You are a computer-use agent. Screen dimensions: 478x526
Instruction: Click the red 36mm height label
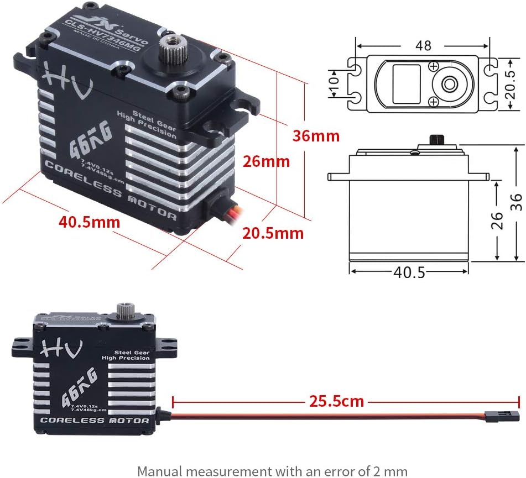click(316, 135)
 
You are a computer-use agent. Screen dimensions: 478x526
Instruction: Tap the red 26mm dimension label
click(267, 162)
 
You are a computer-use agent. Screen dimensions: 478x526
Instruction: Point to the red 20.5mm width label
click(273, 233)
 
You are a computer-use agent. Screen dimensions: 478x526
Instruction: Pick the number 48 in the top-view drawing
click(423, 45)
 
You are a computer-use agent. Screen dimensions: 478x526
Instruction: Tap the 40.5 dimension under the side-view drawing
click(409, 272)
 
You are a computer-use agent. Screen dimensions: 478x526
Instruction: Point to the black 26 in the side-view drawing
click(497, 220)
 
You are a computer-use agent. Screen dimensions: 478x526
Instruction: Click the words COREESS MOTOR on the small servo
click(95, 421)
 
